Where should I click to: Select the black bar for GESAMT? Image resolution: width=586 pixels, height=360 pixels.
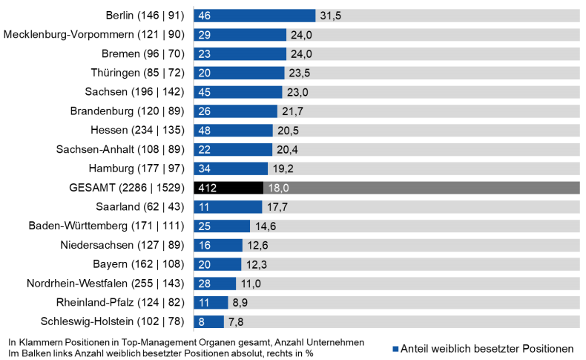pos(228,188)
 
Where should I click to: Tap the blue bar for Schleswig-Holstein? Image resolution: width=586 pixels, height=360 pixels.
pos(208,321)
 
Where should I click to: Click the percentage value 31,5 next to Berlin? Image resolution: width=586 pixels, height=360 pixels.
pos(330,16)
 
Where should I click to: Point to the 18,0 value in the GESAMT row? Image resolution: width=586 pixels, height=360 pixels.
pos(278,188)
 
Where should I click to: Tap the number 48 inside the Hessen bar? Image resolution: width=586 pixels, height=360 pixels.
pos(205,130)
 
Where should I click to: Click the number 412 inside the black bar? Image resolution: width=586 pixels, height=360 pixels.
pos(207,188)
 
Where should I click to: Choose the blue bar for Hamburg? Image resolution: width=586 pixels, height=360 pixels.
pos(231,168)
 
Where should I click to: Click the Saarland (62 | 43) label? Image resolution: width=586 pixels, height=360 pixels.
pos(142,206)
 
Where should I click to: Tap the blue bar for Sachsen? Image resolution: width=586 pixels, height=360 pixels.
pos(238,92)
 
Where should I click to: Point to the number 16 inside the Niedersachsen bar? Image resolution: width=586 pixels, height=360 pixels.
pos(205,245)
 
